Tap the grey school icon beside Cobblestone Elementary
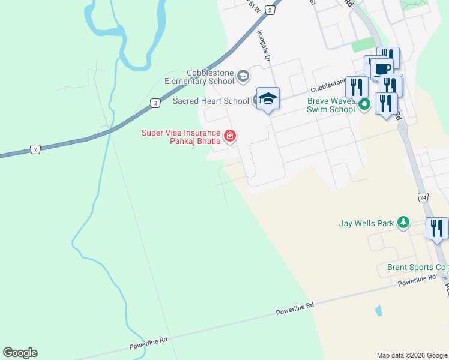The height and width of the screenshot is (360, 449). [x=243, y=76]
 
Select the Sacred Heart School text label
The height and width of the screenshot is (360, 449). [x=211, y=101]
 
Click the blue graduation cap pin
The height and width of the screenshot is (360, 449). [x=268, y=99]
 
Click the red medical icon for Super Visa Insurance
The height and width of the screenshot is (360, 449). [x=229, y=137]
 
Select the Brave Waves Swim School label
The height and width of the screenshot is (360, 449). [x=331, y=106]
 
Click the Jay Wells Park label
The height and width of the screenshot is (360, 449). [x=366, y=223]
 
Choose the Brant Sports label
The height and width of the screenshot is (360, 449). [x=418, y=267]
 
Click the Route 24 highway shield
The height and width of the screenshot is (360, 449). [x=423, y=197]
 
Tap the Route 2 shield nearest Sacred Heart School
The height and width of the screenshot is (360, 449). [x=155, y=103]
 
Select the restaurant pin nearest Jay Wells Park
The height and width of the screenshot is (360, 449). [x=436, y=229]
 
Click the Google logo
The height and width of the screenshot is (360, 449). [x=20, y=353]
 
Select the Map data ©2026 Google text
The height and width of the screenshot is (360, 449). [x=411, y=355]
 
